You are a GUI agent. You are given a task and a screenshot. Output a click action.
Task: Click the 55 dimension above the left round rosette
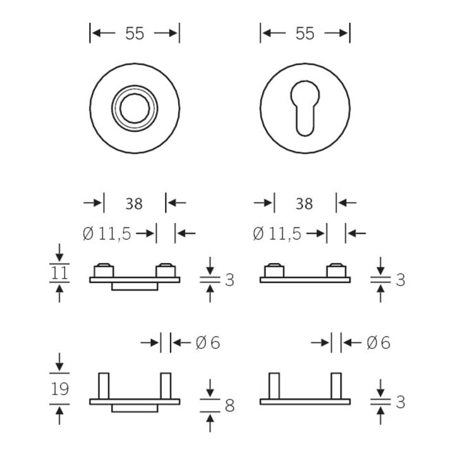(135, 33)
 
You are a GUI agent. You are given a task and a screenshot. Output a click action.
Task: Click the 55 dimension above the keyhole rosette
(305, 33)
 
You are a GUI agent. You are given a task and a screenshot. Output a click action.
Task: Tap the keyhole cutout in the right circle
(305, 108)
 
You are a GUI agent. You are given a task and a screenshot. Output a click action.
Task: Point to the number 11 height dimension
(59, 273)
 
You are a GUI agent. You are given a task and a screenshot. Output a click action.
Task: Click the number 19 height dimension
(60, 389)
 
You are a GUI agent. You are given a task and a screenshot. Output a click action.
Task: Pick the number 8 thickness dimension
(229, 405)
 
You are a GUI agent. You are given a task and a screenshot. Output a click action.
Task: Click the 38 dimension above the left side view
(134, 203)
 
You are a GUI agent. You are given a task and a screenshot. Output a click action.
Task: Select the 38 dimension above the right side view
(305, 203)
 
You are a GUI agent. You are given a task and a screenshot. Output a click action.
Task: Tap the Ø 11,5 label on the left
(107, 234)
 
